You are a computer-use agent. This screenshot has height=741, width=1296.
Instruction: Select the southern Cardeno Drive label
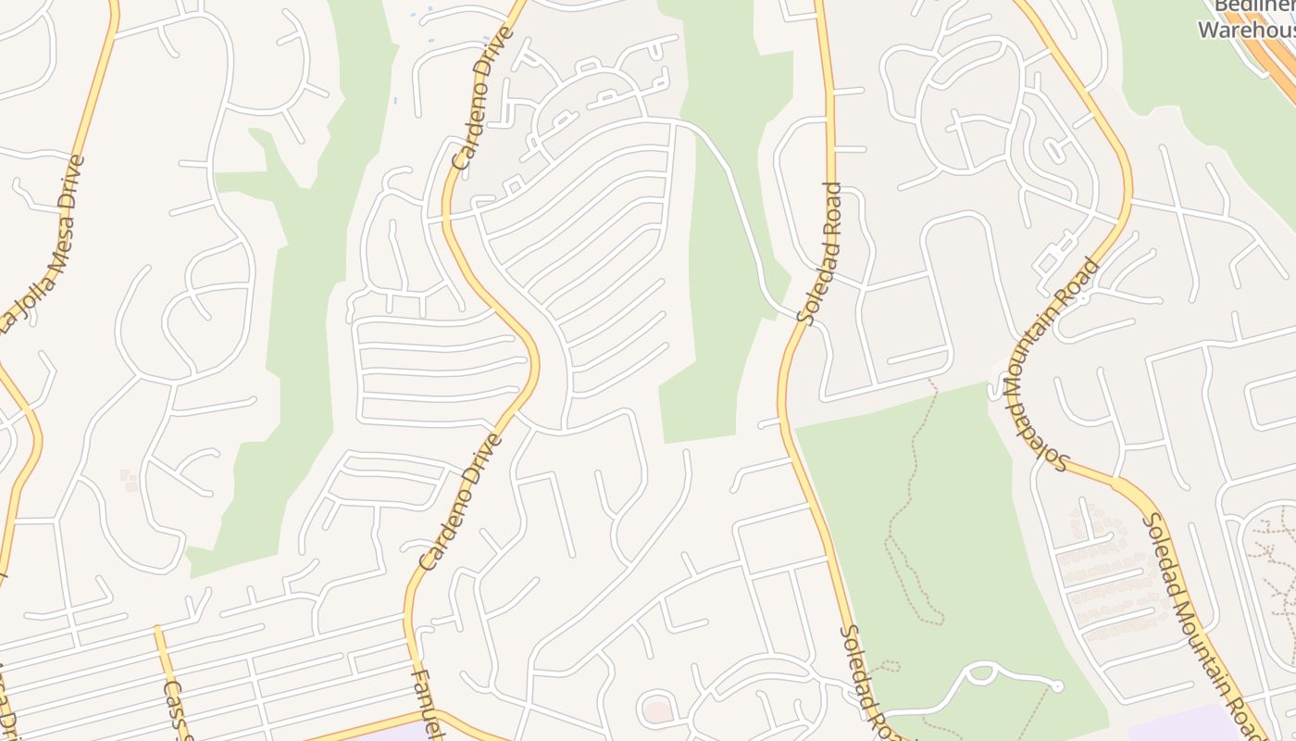tap(460, 502)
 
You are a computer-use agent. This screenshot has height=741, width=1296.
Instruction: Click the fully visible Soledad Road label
tap(821, 253)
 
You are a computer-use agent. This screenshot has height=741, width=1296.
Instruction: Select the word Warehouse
tap(1245, 30)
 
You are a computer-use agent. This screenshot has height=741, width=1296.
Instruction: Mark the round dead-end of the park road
tap(1056, 686)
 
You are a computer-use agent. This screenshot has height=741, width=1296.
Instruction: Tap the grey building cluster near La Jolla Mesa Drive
tap(129, 480)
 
